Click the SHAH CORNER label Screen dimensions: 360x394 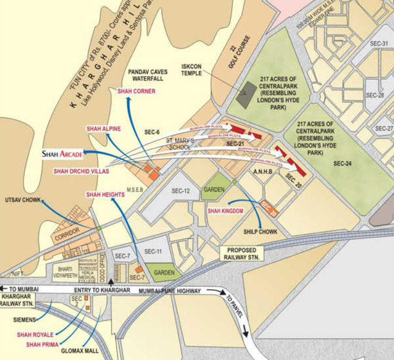coord(136,91)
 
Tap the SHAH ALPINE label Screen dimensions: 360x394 coord(104,128)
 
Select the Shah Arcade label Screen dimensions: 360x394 coord(62,154)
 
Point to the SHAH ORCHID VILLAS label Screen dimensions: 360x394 coord(81,171)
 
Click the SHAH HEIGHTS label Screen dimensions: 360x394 coord(105,195)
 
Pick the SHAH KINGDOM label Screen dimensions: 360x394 coord(225,211)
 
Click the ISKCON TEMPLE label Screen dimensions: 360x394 coord(192,70)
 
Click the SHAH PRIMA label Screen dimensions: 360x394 coord(42,344)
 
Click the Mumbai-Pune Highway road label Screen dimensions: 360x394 coord(170,291)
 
